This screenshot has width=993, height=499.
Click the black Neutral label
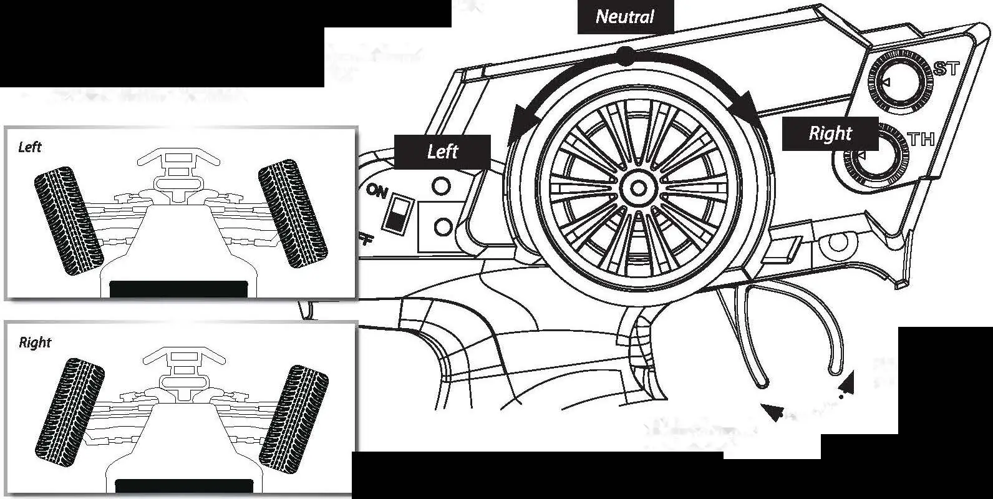click(x=625, y=17)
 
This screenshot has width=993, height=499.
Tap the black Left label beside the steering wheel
click(x=442, y=152)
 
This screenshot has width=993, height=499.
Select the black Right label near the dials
click(x=830, y=133)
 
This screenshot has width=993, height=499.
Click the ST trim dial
click(x=898, y=82)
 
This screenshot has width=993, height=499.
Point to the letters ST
click(x=946, y=69)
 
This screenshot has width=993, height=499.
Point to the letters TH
click(x=921, y=139)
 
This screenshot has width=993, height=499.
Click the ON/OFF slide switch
click(x=394, y=214)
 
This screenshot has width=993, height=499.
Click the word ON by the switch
click(x=377, y=191)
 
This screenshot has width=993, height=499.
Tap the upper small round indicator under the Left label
click(x=442, y=186)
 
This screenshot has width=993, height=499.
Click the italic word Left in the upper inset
click(x=29, y=147)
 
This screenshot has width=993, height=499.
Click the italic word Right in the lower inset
click(x=35, y=342)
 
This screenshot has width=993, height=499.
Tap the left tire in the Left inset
click(x=67, y=220)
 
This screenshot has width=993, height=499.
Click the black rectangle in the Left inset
click(x=178, y=289)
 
